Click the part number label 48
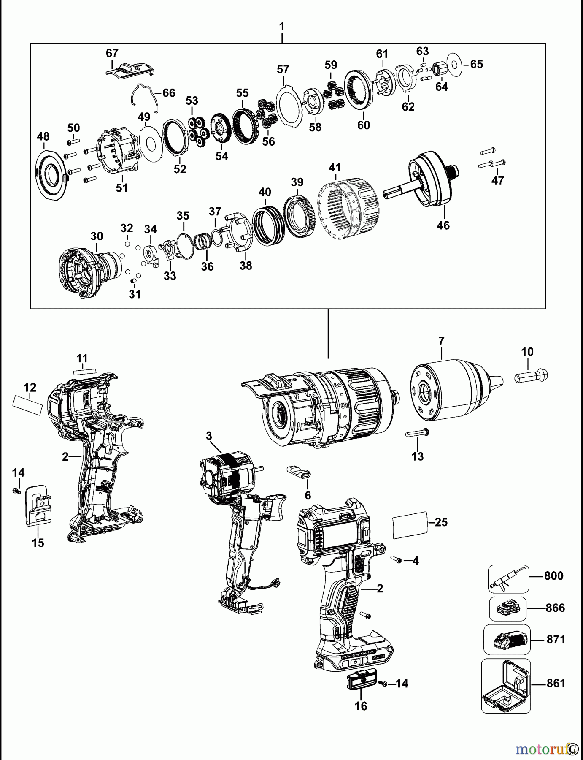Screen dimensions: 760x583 pyautogui.click(x=43, y=136)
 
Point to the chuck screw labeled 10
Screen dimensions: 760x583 pyautogui.click(x=531, y=375)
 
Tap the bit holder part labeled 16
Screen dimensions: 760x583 pyautogui.click(x=361, y=681)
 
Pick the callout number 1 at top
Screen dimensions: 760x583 pyautogui.click(x=281, y=27)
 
